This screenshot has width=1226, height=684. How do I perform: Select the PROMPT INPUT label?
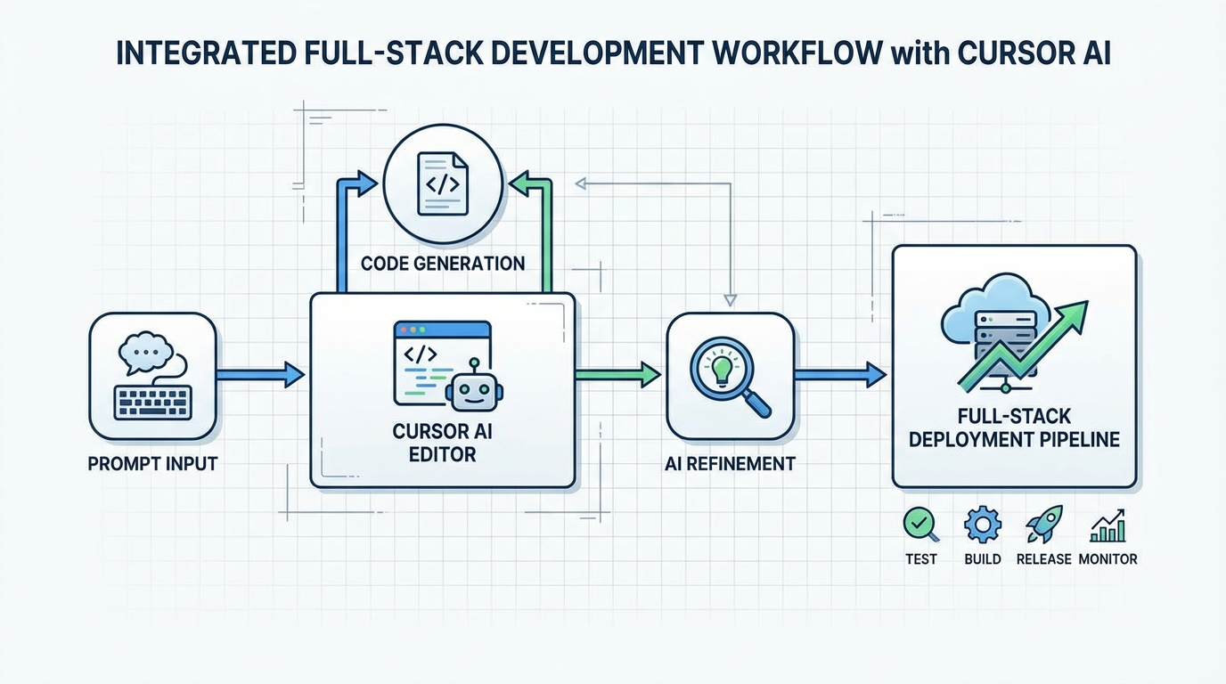point(152,464)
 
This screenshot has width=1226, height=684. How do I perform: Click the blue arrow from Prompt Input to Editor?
point(259,374)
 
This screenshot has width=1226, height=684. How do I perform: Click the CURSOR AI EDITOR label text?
point(442,443)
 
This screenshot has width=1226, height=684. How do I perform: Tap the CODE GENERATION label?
point(443,264)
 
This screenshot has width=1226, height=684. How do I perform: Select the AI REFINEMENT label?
point(730,464)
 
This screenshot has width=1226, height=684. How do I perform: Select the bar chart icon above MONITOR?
point(1107,526)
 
